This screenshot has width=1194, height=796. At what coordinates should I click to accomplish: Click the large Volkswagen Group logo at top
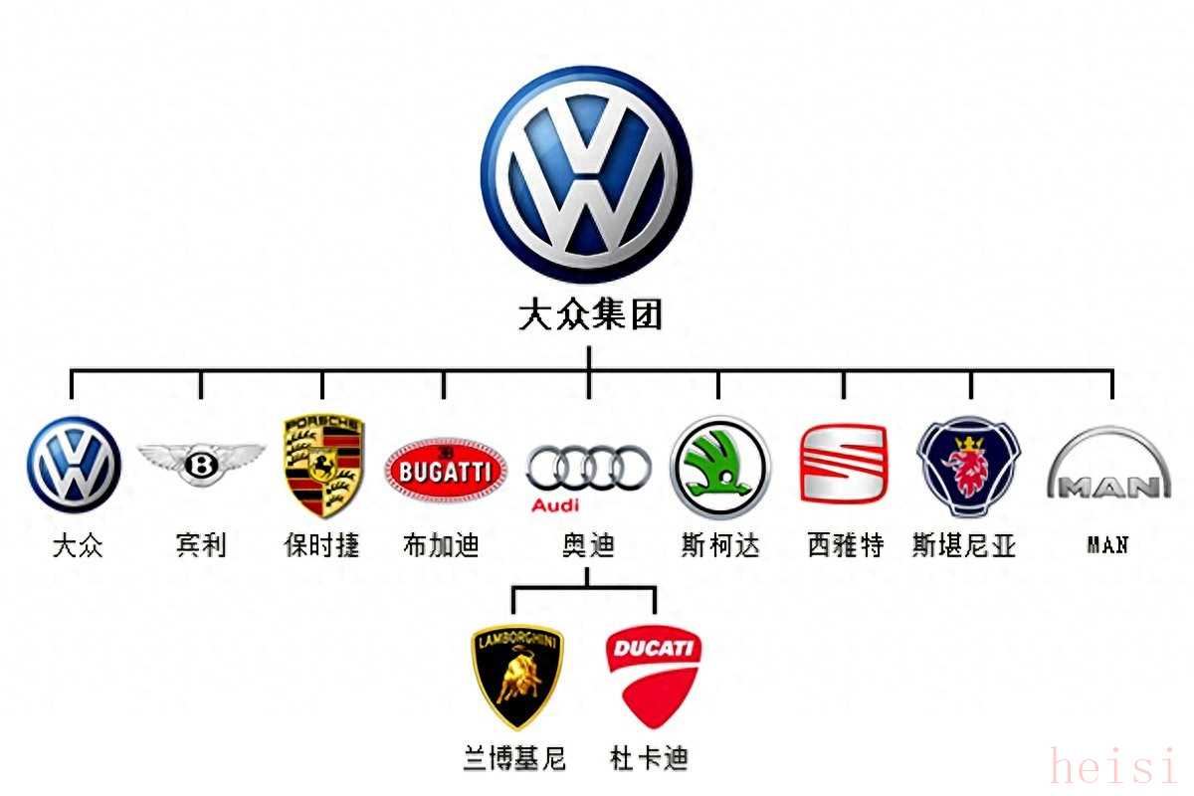click(586, 174)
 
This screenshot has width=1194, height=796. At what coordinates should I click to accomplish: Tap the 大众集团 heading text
click(590, 314)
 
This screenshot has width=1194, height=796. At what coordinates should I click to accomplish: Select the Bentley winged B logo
click(201, 464)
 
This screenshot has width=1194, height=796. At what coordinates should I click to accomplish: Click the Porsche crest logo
click(323, 466)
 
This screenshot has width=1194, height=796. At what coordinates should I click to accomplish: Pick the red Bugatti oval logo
click(446, 471)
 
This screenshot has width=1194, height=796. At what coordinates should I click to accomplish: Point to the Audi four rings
click(588, 468)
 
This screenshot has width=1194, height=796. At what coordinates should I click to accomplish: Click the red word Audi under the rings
click(555, 504)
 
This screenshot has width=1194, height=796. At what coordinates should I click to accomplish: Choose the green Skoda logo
click(719, 468)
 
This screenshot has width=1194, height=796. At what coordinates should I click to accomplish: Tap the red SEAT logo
click(844, 464)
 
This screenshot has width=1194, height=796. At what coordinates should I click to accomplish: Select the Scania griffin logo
click(968, 467)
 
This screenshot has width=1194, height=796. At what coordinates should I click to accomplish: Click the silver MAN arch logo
click(1108, 463)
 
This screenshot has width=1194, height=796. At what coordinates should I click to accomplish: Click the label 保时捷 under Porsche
click(322, 545)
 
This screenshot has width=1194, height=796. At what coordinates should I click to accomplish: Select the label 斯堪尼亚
click(964, 545)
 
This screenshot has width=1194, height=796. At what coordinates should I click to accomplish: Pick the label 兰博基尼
click(514, 758)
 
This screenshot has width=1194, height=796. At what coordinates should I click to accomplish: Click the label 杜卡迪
click(649, 758)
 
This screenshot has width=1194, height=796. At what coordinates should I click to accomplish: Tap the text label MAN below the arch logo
click(1107, 545)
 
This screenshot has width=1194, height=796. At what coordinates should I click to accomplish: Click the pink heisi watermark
click(1113, 765)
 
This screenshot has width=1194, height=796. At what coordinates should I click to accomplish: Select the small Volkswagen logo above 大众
click(74, 465)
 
